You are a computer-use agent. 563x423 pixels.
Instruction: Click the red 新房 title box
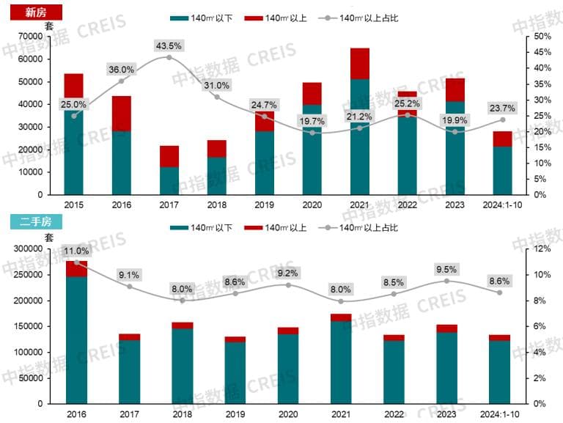coord(32,12)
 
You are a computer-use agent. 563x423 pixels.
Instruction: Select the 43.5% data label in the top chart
coord(169,46)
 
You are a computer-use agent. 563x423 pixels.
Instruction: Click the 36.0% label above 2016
coord(121,70)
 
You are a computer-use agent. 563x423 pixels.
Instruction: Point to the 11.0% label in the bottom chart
coord(76,251)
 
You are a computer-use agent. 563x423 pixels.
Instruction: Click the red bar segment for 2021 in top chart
coord(360,64)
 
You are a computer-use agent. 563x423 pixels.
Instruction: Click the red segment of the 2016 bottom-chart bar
coord(76,268)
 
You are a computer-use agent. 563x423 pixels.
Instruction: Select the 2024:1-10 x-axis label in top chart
coord(502,205)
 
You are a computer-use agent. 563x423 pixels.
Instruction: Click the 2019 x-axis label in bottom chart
coord(235,414)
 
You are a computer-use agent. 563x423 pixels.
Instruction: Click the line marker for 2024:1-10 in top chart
coord(502,119)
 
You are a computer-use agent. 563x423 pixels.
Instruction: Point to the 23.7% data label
coord(502,108)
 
